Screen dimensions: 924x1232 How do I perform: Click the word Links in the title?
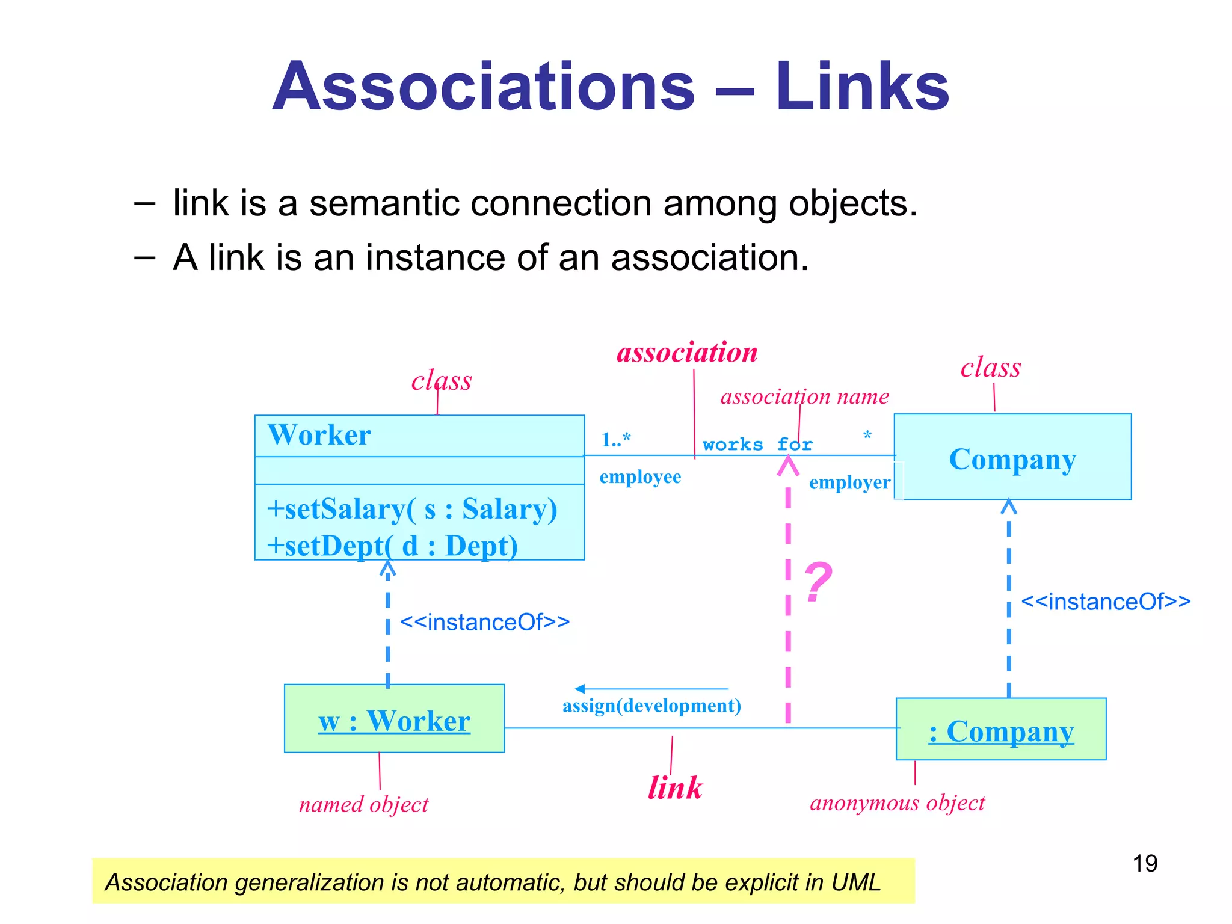tap(862, 87)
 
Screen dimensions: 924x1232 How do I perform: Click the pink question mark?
tap(818, 582)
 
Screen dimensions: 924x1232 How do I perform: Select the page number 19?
tap(1145, 864)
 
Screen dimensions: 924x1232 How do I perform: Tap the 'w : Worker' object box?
tap(394, 719)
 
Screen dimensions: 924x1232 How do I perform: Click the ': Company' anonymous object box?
tap(1001, 730)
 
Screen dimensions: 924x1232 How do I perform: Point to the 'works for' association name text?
tap(757, 445)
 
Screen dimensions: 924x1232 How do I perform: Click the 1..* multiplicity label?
tap(615, 439)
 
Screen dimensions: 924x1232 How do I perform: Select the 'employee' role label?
tap(640, 477)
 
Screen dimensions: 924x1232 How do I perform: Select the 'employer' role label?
tap(849, 482)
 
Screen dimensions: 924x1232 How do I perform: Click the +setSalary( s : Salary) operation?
tap(412, 509)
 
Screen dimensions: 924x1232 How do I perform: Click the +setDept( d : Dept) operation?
tap(392, 546)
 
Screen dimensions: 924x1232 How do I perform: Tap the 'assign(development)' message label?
tap(651, 706)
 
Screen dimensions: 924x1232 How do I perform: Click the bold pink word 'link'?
tap(675, 788)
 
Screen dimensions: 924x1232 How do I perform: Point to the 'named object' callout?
tap(364, 805)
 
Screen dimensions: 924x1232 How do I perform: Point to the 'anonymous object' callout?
tap(897, 803)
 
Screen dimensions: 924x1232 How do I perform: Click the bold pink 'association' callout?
tap(687, 353)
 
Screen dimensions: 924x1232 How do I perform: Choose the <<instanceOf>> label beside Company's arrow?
tap(1106, 602)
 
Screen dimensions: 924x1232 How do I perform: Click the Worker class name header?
tap(319, 435)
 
